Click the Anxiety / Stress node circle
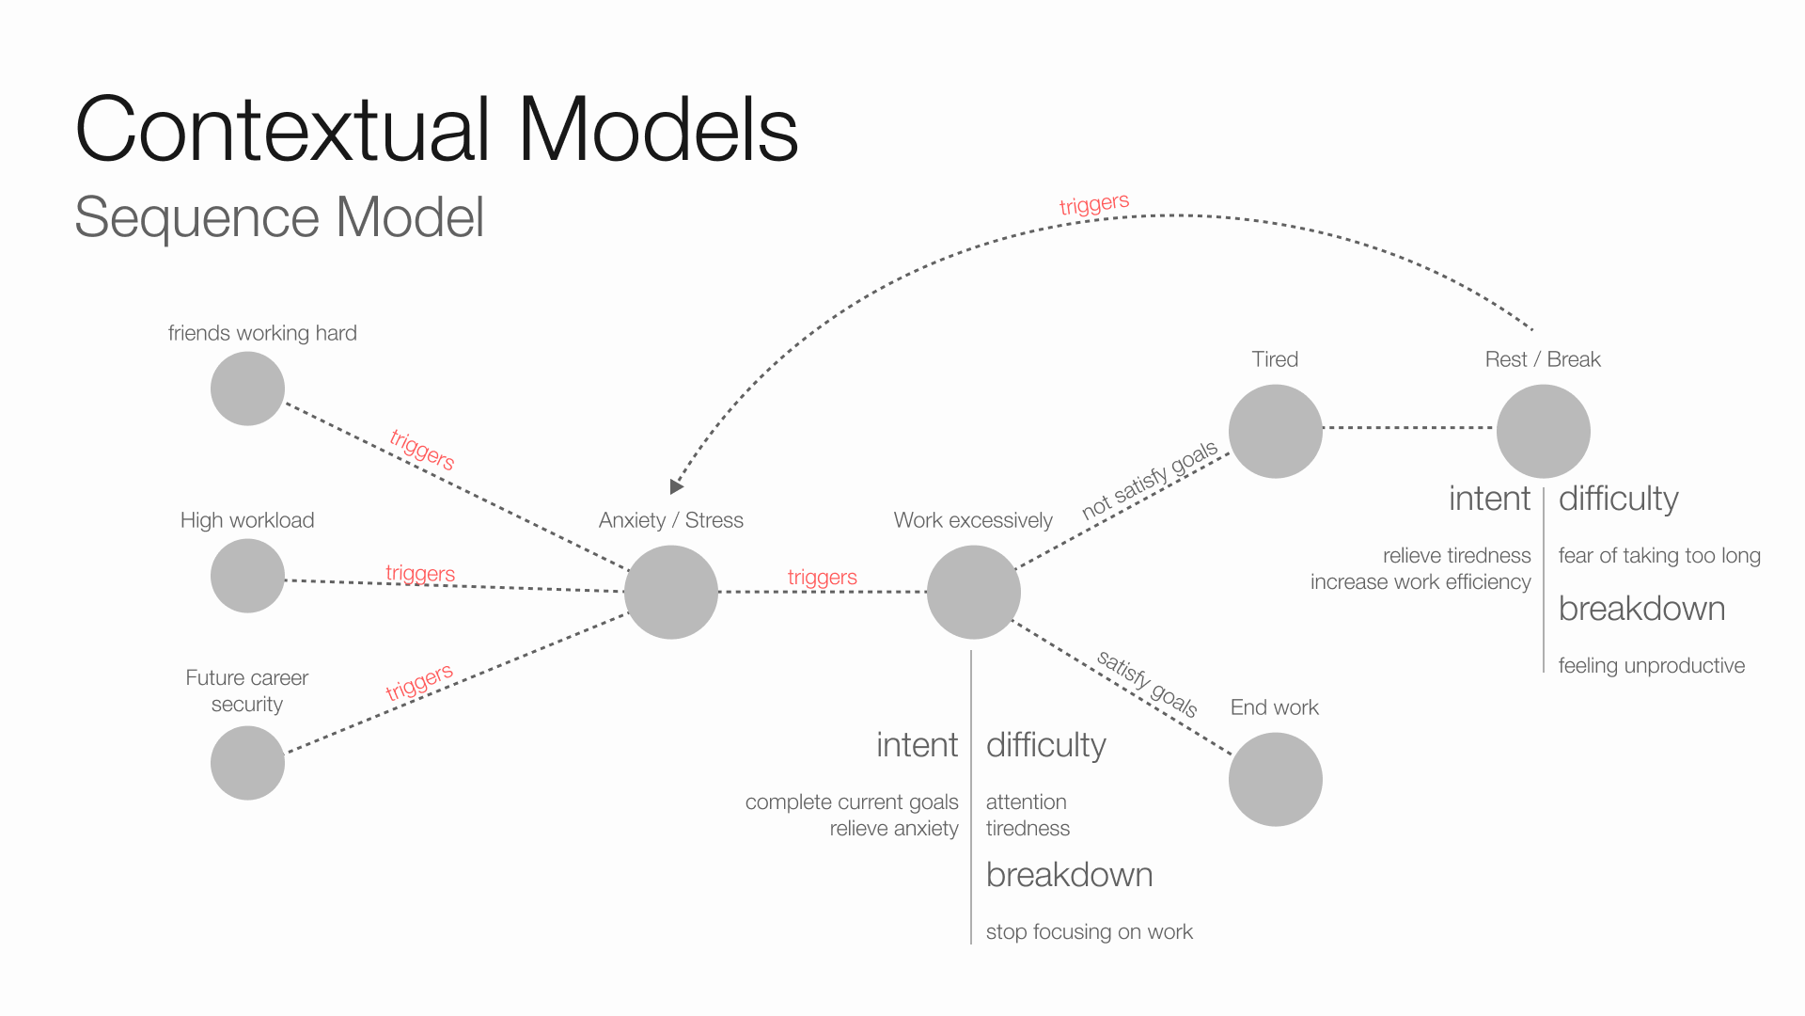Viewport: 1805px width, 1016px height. coord(671,592)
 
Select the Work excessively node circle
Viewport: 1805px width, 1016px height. coord(973,592)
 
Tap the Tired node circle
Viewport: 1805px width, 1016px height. coord(1275,431)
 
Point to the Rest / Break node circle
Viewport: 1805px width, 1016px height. coord(1543,431)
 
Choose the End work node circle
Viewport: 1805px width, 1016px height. coord(1275,779)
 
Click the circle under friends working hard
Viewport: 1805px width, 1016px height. coord(247,389)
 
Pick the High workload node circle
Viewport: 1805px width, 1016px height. coord(247,576)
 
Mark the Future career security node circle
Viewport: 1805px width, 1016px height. coord(247,762)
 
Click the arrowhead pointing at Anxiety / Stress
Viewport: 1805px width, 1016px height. coord(676,486)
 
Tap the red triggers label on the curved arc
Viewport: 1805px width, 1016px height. coord(1093,204)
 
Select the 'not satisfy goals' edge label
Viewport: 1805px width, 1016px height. coord(1149,480)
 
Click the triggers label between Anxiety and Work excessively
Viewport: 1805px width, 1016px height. coord(822,577)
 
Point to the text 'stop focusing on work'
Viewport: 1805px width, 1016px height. coord(1089,931)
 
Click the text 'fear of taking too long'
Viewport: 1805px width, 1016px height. coord(1659,555)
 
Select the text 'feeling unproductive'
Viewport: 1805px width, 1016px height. coord(1651,665)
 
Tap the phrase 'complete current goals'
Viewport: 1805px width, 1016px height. coord(852,802)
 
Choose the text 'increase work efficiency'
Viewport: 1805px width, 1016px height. coord(1420,581)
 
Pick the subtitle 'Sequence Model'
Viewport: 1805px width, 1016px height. coord(279,217)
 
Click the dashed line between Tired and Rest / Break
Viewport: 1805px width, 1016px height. coord(1408,428)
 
